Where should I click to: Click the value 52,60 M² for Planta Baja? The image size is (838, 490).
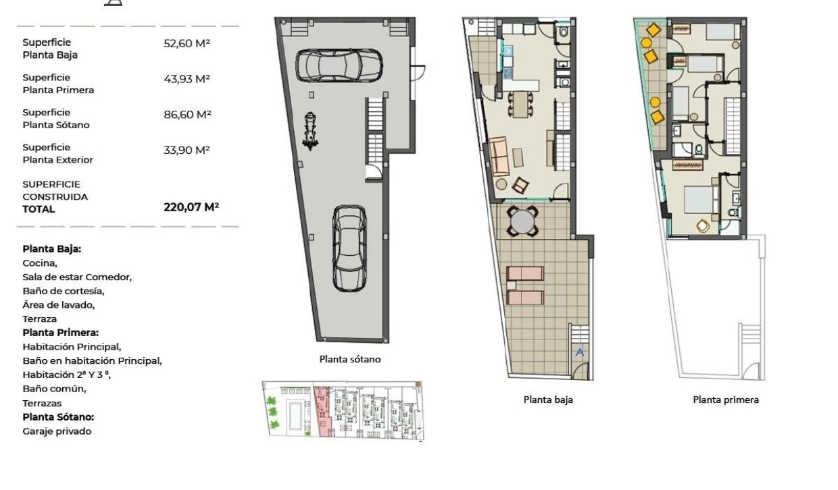187,44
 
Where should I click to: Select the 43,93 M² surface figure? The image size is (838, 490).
187,79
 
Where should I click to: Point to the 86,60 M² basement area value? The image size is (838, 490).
187,115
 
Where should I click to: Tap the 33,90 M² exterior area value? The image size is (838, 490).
187,150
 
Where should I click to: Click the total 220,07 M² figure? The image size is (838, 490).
191,207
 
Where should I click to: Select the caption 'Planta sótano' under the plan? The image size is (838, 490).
349,359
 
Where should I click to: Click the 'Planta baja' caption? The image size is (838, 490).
547,400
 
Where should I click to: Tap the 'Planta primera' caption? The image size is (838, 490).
725,400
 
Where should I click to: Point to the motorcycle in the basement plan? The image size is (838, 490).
310,131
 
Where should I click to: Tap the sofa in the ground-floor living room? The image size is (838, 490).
498,157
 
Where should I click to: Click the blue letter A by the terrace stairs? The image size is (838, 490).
579,352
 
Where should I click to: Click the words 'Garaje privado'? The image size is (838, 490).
57,431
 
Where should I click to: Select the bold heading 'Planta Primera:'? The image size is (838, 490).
61,333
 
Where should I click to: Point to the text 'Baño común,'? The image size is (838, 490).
54,389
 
